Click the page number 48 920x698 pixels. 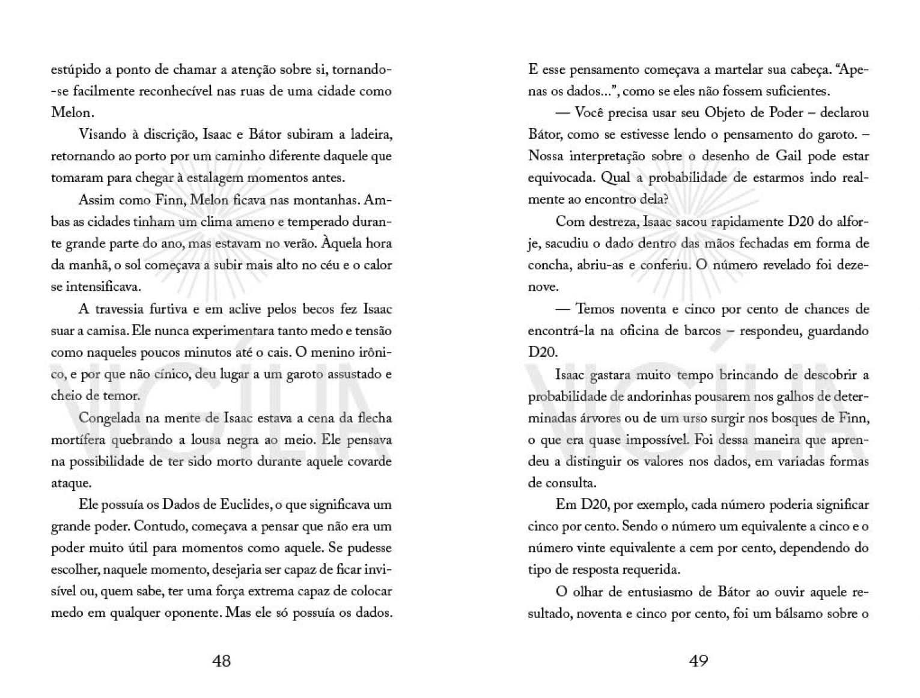221,661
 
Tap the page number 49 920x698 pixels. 698,661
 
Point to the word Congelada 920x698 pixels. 108,418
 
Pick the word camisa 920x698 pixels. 98,331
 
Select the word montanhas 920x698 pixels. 329,200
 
